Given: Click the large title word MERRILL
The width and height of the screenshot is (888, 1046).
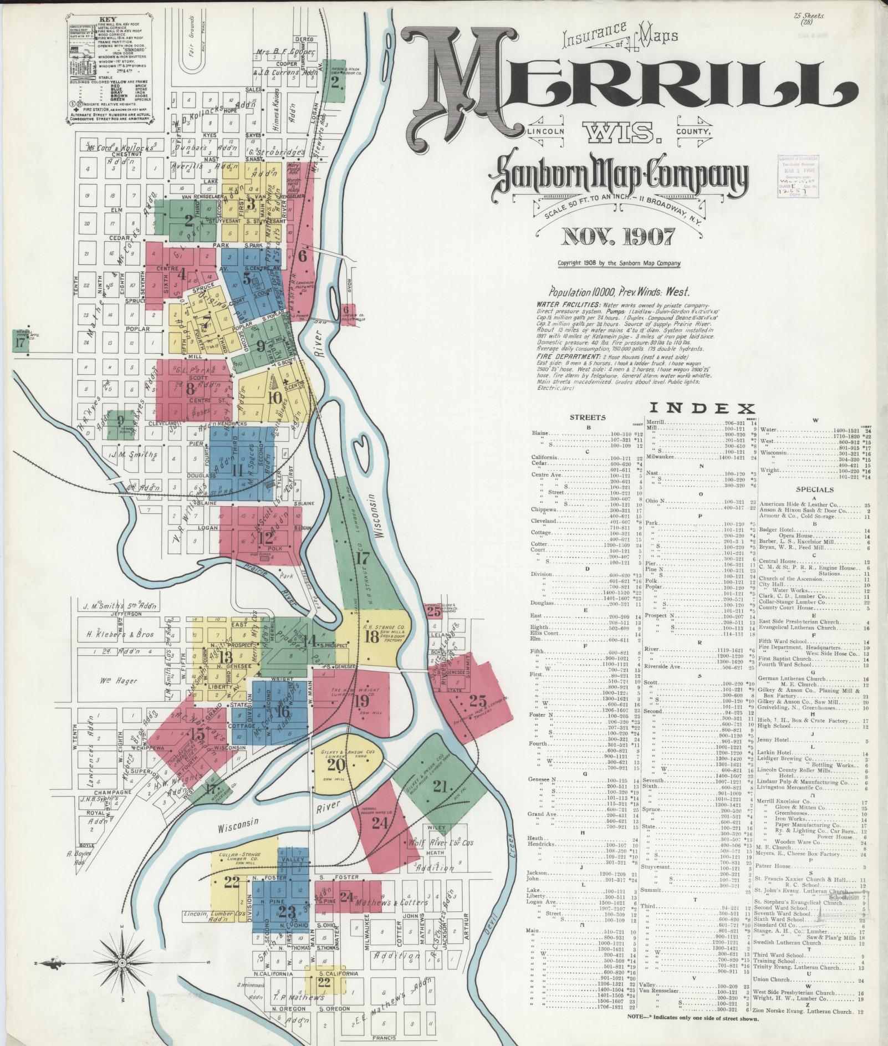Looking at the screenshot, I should (626, 83).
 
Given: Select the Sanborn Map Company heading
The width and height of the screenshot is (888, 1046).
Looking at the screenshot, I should (618, 175).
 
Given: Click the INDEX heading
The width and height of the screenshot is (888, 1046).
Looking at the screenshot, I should (702, 409).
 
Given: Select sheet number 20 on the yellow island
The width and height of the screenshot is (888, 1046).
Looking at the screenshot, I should (336, 765).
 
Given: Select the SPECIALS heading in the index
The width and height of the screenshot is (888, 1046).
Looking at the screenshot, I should (814, 489).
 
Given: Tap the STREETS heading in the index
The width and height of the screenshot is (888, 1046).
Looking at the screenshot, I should (588, 417).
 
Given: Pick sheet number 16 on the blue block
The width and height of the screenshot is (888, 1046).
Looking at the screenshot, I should (283, 710).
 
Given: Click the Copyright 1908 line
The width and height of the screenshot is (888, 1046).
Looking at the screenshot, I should (619, 263).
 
